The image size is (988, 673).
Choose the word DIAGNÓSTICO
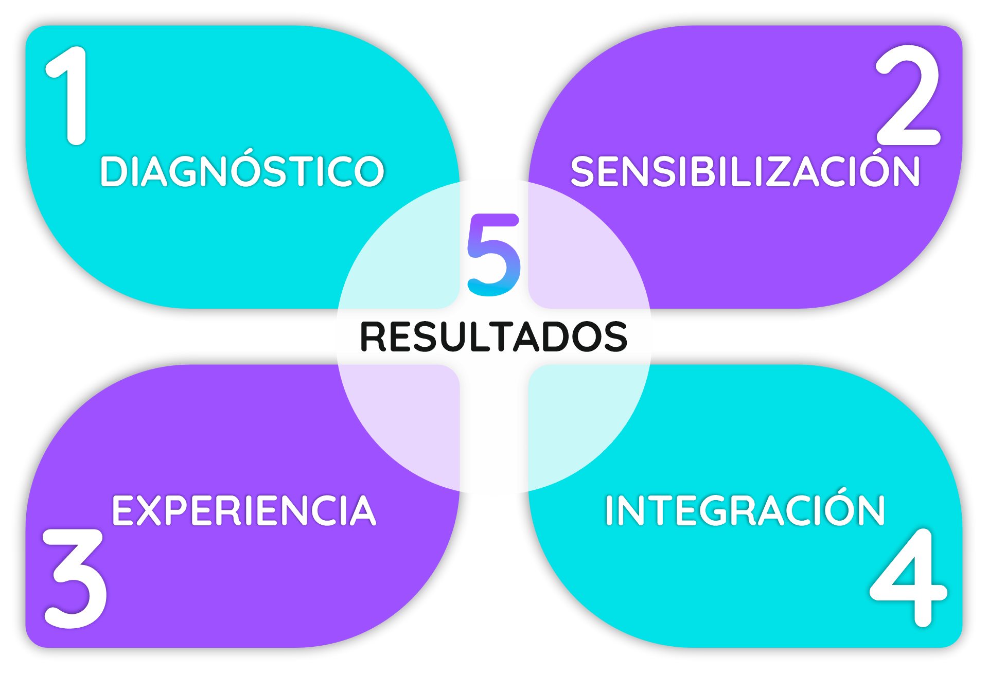coord(242,171)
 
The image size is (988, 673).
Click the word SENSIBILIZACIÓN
coord(745,171)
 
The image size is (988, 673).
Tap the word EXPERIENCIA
coord(244,511)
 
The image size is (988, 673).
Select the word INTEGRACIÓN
coord(745,511)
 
